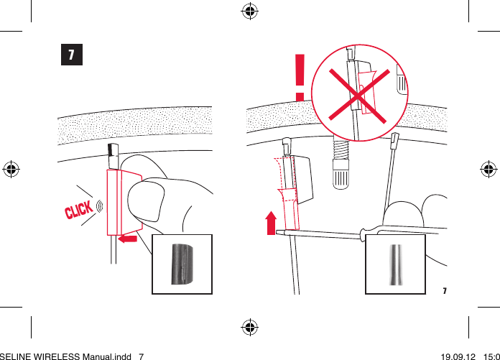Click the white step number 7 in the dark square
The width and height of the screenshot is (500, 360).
(71, 55)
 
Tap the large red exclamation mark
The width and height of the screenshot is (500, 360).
(300, 77)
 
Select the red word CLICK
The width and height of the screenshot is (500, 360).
(78, 211)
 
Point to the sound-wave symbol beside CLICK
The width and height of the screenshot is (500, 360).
(99, 207)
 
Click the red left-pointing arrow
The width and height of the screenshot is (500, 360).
(127, 238)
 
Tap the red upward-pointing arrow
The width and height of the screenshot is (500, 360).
(271, 223)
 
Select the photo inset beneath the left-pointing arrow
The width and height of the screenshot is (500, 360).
(182, 264)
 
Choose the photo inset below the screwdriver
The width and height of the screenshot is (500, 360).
(395, 264)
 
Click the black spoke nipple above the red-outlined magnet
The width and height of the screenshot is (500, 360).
(111, 152)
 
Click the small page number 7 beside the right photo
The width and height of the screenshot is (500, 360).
(444, 291)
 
